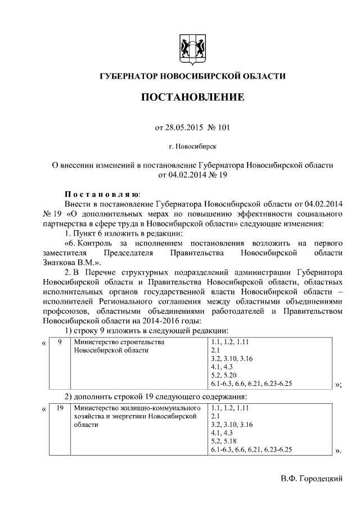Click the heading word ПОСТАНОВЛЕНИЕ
192,97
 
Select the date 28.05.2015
177,128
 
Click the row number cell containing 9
59,342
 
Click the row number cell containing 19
59,408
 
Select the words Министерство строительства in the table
119,342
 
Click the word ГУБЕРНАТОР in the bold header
129,76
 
